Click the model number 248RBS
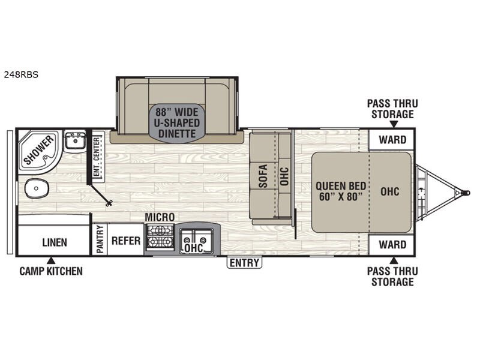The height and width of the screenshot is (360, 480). (21, 74)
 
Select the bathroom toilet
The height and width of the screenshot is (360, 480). (36, 188)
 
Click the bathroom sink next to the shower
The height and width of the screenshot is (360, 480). (74, 140)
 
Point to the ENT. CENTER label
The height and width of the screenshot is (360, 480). (97, 157)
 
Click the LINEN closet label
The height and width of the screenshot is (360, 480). (55, 242)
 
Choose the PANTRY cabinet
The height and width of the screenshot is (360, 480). (100, 239)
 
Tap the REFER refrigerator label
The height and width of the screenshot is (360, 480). (126, 241)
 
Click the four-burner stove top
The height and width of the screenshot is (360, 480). (160, 236)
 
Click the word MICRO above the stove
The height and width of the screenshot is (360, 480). (160, 217)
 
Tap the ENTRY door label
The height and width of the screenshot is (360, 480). (244, 263)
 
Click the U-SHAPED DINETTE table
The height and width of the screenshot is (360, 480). (177, 123)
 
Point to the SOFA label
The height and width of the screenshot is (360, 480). (263, 176)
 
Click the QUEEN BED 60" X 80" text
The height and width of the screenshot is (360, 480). (341, 191)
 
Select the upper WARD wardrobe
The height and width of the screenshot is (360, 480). (392, 140)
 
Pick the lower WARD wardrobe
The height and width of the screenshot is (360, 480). (392, 245)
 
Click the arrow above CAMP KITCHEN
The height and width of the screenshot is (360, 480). (51, 260)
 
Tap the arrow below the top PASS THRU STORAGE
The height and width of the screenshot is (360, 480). (394, 124)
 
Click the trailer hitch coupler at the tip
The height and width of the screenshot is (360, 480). (466, 193)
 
